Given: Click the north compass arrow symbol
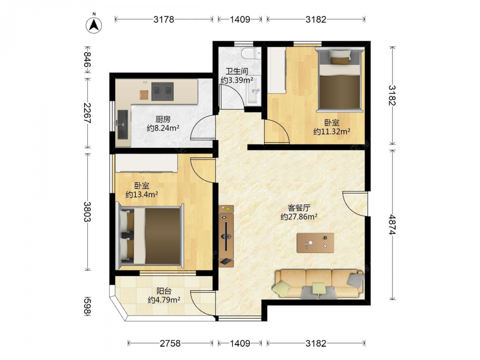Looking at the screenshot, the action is (x=94, y=24).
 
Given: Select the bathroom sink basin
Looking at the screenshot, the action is (x=254, y=90).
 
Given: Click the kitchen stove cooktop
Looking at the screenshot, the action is (x=163, y=91).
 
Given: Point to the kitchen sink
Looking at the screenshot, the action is (x=123, y=124).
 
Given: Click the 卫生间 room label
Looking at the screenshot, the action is (x=237, y=72).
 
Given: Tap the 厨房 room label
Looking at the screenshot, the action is (x=163, y=119).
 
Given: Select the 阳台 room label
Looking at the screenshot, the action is (x=164, y=291).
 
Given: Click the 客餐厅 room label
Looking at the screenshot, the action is (x=299, y=208).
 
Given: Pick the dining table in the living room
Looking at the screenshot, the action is (x=315, y=243).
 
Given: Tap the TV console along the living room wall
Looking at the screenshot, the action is (x=226, y=236).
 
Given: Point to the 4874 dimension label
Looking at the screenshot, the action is (x=392, y=225).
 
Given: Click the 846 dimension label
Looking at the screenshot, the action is (x=87, y=60).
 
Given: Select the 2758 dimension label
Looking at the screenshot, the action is (x=170, y=343).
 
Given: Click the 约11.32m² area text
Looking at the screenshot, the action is (x=332, y=132).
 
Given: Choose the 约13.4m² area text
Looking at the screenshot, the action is (x=142, y=194).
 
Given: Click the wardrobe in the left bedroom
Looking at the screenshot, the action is (x=146, y=163).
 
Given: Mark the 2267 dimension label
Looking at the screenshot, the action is (x=87, y=113).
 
